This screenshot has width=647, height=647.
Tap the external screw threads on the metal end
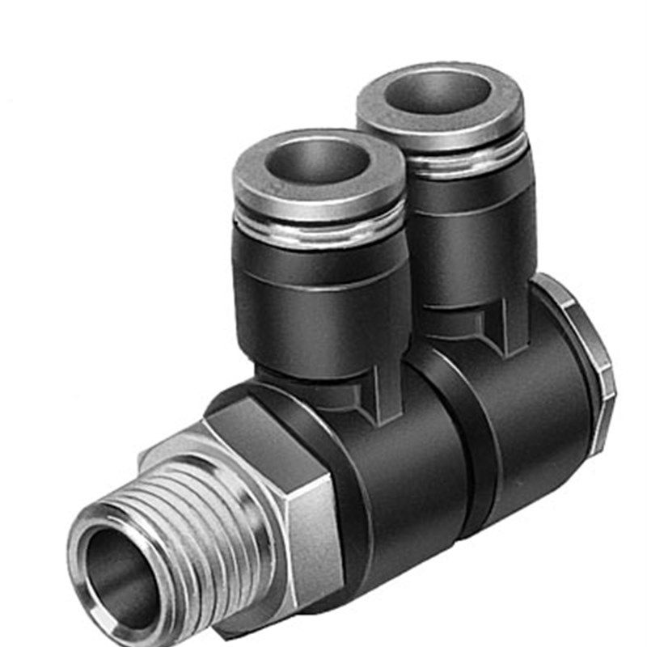coord(202,518)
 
